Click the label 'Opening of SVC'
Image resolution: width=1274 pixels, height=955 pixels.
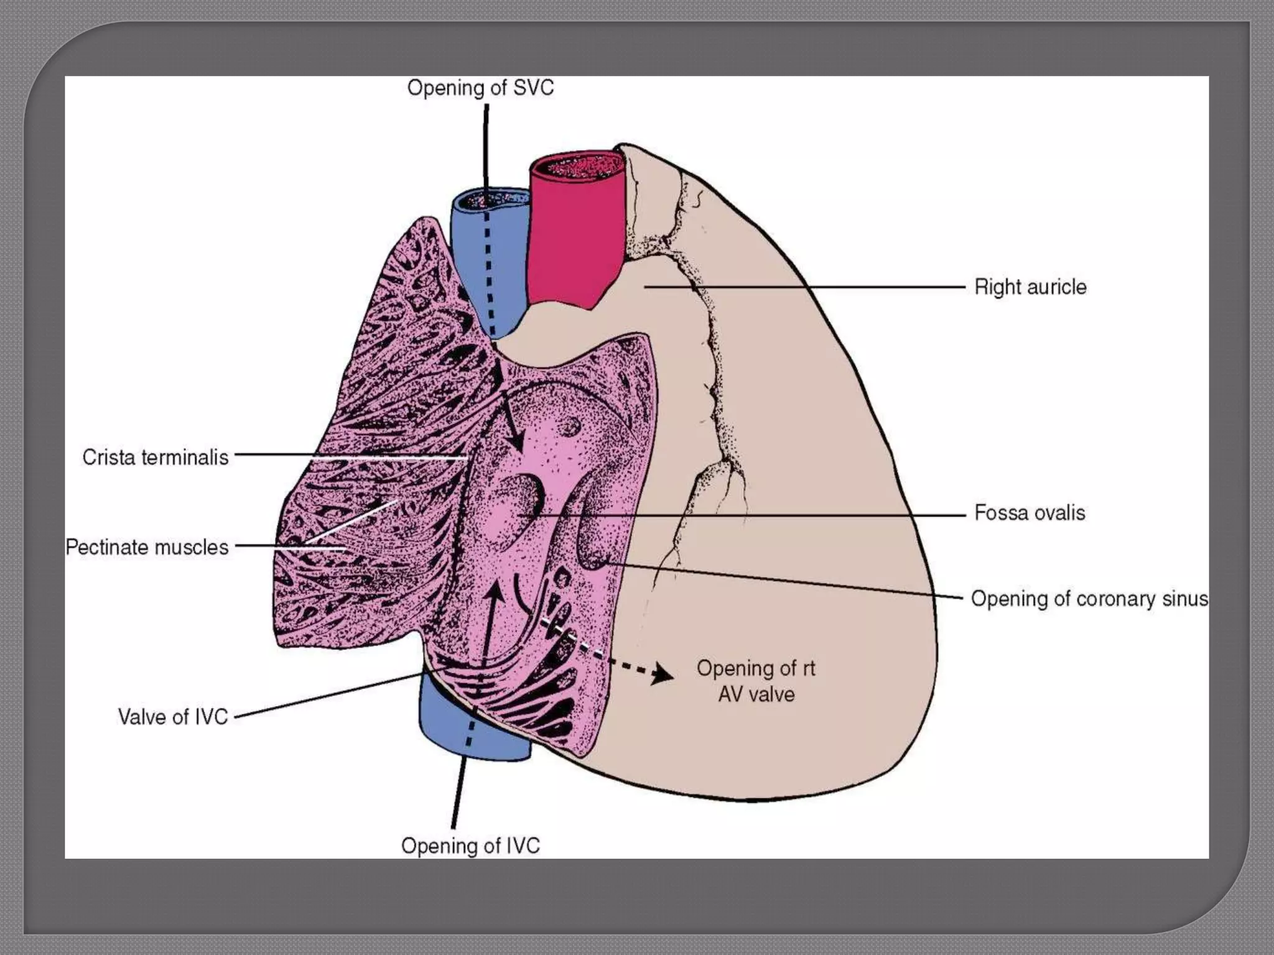coord(480,88)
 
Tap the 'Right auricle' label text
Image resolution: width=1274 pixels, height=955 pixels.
coord(1030,287)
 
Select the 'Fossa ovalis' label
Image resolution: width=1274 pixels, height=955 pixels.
coord(1030,513)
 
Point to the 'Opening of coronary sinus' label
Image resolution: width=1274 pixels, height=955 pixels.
coord(1089,599)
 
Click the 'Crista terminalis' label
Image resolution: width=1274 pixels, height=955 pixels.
coord(156,458)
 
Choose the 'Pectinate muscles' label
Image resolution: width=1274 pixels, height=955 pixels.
coord(147,548)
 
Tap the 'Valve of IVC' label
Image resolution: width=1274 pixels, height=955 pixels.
coord(173,717)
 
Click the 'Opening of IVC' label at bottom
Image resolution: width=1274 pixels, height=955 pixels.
coord(470,846)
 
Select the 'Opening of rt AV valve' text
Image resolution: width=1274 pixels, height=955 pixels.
coord(756,681)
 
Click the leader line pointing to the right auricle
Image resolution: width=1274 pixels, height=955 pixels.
coord(809,287)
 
